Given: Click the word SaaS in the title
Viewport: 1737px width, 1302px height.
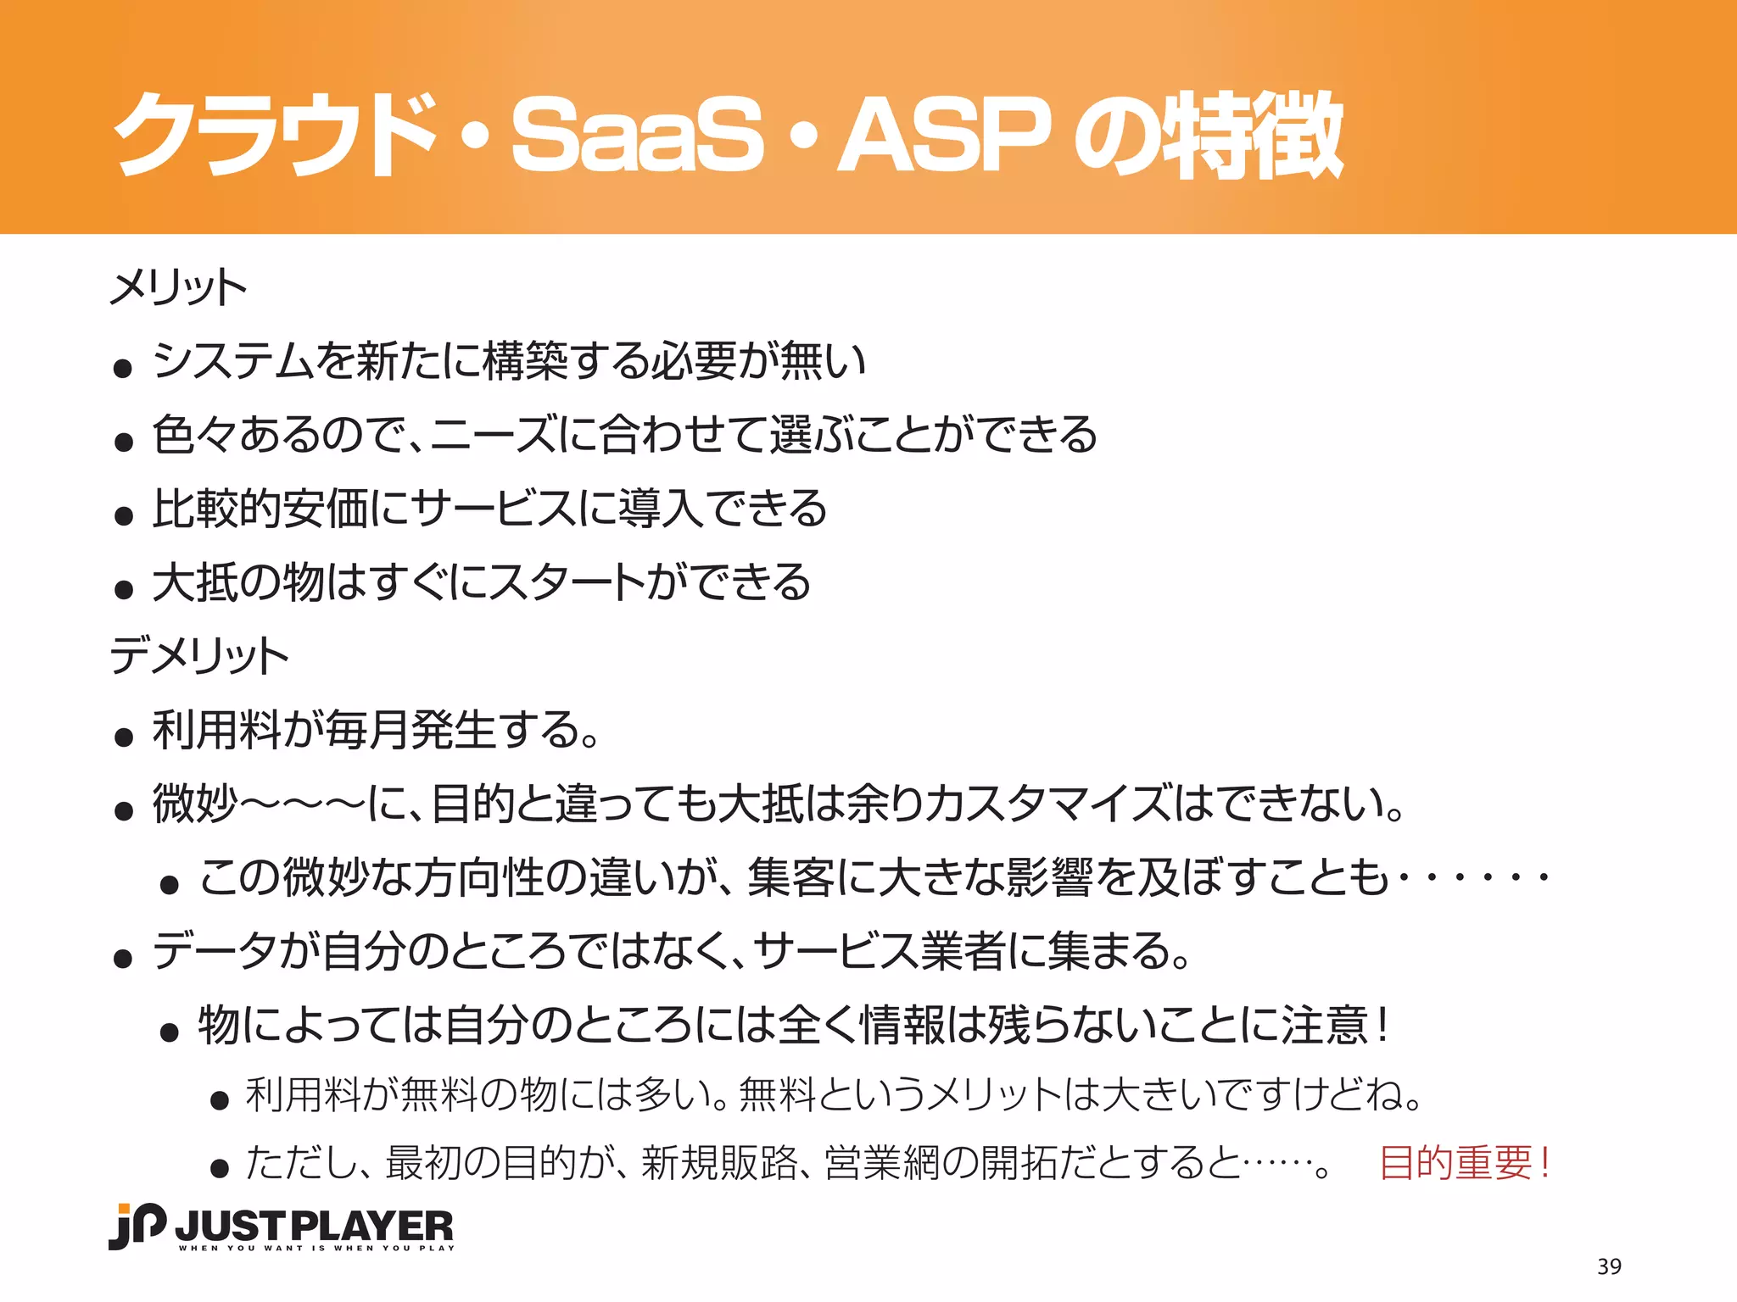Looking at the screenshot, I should tap(638, 134).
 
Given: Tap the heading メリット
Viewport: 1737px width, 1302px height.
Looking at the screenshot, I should tap(178, 287).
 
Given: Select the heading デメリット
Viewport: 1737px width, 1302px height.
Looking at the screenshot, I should tap(199, 655).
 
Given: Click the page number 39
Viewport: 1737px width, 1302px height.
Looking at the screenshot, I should tap(1609, 1266).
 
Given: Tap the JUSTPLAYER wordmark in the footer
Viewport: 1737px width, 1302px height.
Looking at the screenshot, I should tap(315, 1225).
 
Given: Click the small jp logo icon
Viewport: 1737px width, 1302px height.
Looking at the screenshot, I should tap(137, 1226).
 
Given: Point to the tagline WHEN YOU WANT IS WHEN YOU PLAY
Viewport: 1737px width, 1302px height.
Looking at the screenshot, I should tap(316, 1248).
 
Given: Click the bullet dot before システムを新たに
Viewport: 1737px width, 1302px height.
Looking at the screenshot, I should tap(124, 368).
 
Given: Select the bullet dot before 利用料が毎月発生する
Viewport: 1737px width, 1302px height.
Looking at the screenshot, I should tap(124, 737).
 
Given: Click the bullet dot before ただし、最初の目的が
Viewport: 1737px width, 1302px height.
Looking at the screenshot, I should tap(221, 1169).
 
